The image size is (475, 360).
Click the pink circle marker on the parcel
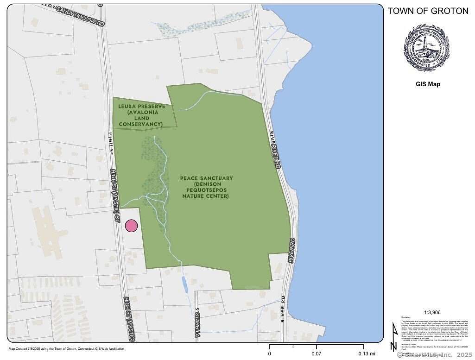pyautogui.click(x=132, y=226)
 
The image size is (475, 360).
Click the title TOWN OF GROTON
pyautogui.click(x=428, y=11)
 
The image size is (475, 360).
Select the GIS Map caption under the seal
pyautogui.click(x=427, y=84)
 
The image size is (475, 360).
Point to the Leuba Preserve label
pyautogui.click(x=141, y=106)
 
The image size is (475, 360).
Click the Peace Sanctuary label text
pyautogui.click(x=207, y=178)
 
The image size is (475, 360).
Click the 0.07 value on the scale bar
pyautogui.click(x=317, y=354)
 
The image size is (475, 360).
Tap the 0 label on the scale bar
pyautogui.click(x=270, y=354)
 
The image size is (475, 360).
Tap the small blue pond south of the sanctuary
pyautogui.click(x=185, y=284)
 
